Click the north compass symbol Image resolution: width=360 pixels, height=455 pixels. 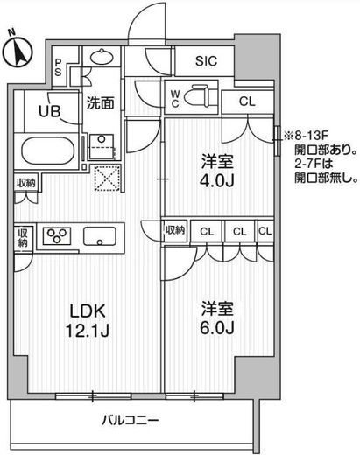pos(18,51)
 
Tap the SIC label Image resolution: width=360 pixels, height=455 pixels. pos(206,61)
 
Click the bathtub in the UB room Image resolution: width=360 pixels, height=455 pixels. pos(48,151)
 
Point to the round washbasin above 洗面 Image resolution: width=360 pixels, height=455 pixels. pos(102,56)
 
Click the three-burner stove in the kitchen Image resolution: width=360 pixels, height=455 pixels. pos(57,236)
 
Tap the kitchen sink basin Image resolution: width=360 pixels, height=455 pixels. pos(100,236)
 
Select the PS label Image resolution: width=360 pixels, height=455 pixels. pos(59,66)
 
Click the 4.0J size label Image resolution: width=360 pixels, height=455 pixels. pos(217,181)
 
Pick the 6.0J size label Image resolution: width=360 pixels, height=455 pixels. pos(217,328)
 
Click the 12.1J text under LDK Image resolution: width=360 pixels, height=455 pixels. pos(88,331)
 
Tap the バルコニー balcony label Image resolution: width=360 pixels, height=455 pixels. pos(131,420)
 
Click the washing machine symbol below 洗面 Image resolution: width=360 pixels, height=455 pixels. pos(102,147)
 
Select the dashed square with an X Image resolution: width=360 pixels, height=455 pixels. pos(108,178)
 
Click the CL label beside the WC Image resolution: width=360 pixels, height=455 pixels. pos(247,101)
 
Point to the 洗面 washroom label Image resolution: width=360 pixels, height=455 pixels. pos(100,102)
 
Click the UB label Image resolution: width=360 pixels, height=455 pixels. pos(50,111)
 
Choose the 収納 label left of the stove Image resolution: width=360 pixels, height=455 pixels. pos(23,238)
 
